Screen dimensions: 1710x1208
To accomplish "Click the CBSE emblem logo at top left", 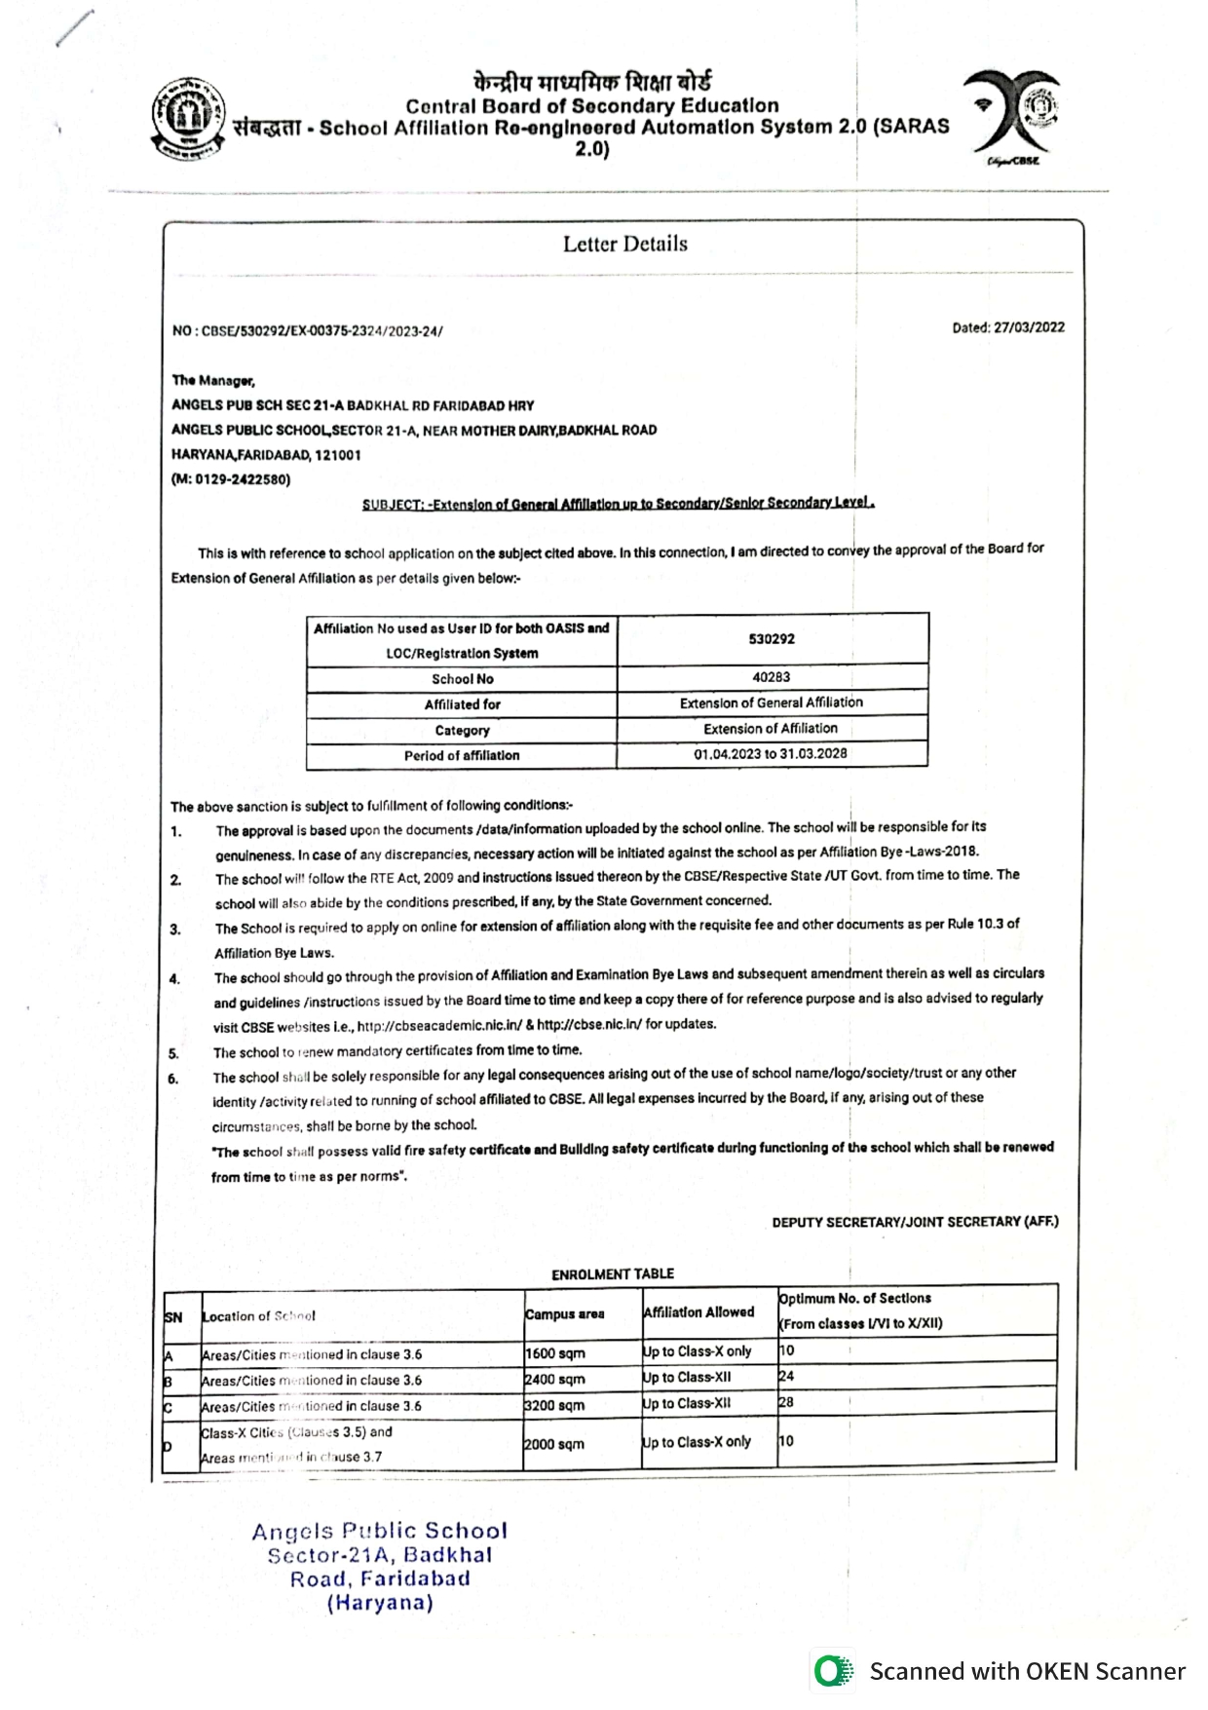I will pyautogui.click(x=188, y=118).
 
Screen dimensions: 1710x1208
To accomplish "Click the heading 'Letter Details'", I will pyautogui.click(x=624, y=244).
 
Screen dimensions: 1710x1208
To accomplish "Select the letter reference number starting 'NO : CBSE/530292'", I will pyautogui.click(x=307, y=331).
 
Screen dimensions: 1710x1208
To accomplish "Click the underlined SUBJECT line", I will pyautogui.click(x=618, y=504).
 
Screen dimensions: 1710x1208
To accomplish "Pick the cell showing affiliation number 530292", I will pyautogui.click(x=772, y=639).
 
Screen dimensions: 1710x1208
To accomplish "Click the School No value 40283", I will pyautogui.click(x=771, y=677).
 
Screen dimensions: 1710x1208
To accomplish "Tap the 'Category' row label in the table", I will pyautogui.click(x=462, y=730).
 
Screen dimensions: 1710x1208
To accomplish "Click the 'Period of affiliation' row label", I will pyautogui.click(x=462, y=755).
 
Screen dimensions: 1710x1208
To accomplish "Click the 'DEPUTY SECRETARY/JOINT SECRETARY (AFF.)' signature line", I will pyautogui.click(x=915, y=1222).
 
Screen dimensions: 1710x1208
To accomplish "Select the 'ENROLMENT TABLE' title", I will pyautogui.click(x=613, y=1273).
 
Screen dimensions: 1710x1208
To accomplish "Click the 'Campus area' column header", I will pyautogui.click(x=565, y=1314).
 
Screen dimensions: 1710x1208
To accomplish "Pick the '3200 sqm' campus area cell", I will pyautogui.click(x=555, y=1406).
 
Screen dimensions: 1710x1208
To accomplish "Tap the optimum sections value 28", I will pyautogui.click(x=786, y=1402).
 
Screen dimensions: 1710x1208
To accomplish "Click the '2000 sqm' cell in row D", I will pyautogui.click(x=555, y=1444).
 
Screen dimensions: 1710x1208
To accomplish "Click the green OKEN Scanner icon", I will pyautogui.click(x=831, y=1671).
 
